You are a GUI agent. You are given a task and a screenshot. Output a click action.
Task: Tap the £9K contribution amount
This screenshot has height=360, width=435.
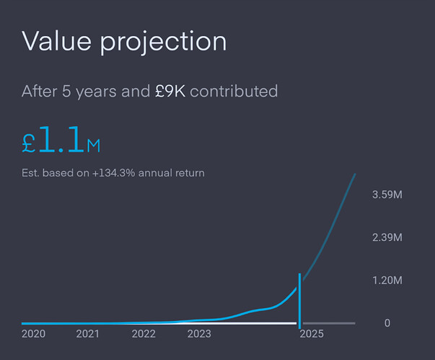click(x=170, y=92)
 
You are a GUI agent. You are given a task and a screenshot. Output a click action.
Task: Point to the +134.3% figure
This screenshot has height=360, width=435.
click(x=115, y=173)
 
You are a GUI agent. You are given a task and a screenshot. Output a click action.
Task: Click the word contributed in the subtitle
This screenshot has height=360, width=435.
click(x=234, y=92)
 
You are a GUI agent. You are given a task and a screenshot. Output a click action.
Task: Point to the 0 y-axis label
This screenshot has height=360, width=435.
click(x=387, y=323)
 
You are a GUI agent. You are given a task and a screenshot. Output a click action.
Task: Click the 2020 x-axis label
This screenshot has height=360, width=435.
click(x=33, y=334)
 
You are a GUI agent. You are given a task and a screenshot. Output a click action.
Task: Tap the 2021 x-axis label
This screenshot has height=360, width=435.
click(x=87, y=334)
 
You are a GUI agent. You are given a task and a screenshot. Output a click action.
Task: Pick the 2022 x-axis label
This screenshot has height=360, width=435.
click(x=144, y=334)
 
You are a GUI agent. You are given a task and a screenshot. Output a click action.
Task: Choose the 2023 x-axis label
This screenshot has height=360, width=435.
click(x=199, y=334)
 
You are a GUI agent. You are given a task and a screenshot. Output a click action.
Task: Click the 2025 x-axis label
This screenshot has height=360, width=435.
click(x=312, y=334)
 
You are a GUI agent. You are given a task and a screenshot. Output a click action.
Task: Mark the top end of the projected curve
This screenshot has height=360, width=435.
click(x=355, y=174)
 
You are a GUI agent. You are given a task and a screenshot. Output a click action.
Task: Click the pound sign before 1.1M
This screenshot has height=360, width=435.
click(x=29, y=142)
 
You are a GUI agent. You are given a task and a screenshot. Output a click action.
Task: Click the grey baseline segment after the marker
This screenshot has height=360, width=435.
click(x=328, y=323)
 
